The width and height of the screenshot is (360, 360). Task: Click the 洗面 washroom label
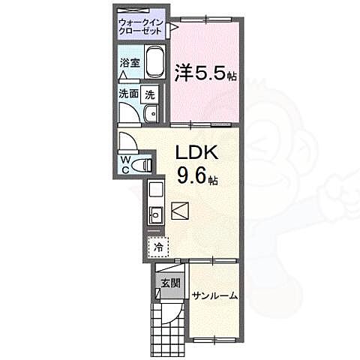pos(127,94)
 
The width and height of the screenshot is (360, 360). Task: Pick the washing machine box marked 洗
pos(149,95)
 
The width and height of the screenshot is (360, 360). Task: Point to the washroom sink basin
pos(150,113)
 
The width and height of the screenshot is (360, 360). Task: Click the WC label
pos(125,163)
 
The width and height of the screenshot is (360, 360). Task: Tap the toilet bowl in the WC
pos(145,164)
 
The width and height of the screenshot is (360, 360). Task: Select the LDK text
pos(196,152)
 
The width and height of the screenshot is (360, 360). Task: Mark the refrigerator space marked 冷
pos(159,246)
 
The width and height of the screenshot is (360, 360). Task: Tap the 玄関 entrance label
pos(169,283)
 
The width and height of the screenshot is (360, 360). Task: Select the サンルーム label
pos(214,295)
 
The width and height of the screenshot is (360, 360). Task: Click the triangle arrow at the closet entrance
pos(172,29)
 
